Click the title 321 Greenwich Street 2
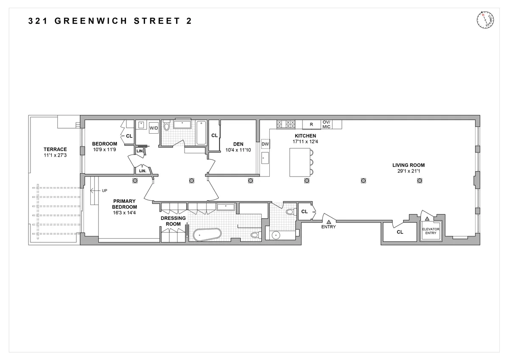(x=110, y=21)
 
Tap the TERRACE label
(x=55, y=149)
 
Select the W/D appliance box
(x=154, y=128)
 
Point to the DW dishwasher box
(x=266, y=144)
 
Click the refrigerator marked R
(x=311, y=124)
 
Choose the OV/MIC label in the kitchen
(x=326, y=124)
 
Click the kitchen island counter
(x=299, y=162)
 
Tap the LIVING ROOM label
(x=408, y=166)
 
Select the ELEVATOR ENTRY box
(x=431, y=231)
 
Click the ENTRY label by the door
(x=329, y=227)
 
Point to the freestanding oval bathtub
(x=207, y=235)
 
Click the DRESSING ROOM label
(x=173, y=221)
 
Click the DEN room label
(x=238, y=143)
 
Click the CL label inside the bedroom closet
(x=129, y=136)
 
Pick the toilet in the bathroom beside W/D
(x=167, y=127)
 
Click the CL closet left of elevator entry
(x=400, y=232)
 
